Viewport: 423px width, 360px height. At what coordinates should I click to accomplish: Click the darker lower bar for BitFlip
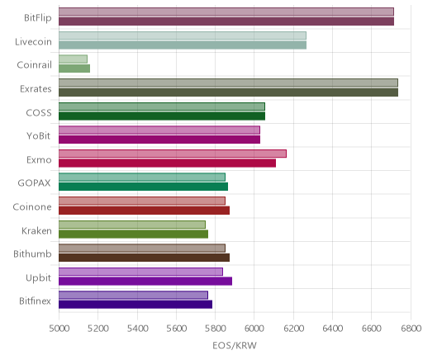(x=226, y=21)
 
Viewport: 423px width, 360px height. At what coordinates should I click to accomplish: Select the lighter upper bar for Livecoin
(x=183, y=36)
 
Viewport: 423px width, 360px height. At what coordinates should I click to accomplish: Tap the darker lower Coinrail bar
(x=74, y=69)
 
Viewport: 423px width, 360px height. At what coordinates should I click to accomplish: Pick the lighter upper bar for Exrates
(x=228, y=83)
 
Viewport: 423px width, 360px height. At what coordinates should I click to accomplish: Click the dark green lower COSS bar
(x=162, y=116)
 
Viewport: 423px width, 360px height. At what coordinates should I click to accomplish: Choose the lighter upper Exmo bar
(x=173, y=154)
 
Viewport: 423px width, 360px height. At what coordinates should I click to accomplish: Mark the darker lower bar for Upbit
(x=145, y=281)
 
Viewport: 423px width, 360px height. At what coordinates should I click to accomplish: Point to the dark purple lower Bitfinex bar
(x=135, y=305)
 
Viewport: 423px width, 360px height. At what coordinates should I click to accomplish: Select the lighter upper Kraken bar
(x=132, y=225)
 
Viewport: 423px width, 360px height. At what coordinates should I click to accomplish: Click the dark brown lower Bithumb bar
(x=144, y=258)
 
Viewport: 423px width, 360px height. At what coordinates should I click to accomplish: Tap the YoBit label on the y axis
(x=39, y=136)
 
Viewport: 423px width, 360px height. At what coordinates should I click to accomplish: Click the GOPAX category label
(x=34, y=183)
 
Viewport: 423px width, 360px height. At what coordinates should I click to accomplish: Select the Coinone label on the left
(x=32, y=206)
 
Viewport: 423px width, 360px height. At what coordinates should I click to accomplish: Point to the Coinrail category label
(x=34, y=65)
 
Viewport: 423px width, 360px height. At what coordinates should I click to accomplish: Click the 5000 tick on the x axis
(x=59, y=329)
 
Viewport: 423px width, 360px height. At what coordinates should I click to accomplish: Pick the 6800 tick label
(x=411, y=329)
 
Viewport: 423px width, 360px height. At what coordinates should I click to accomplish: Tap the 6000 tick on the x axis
(x=254, y=329)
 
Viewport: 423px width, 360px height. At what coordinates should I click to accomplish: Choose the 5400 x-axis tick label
(x=137, y=329)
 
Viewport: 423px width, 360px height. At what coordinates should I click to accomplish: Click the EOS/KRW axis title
(x=235, y=345)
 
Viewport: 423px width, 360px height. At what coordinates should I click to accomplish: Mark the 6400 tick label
(x=333, y=329)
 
